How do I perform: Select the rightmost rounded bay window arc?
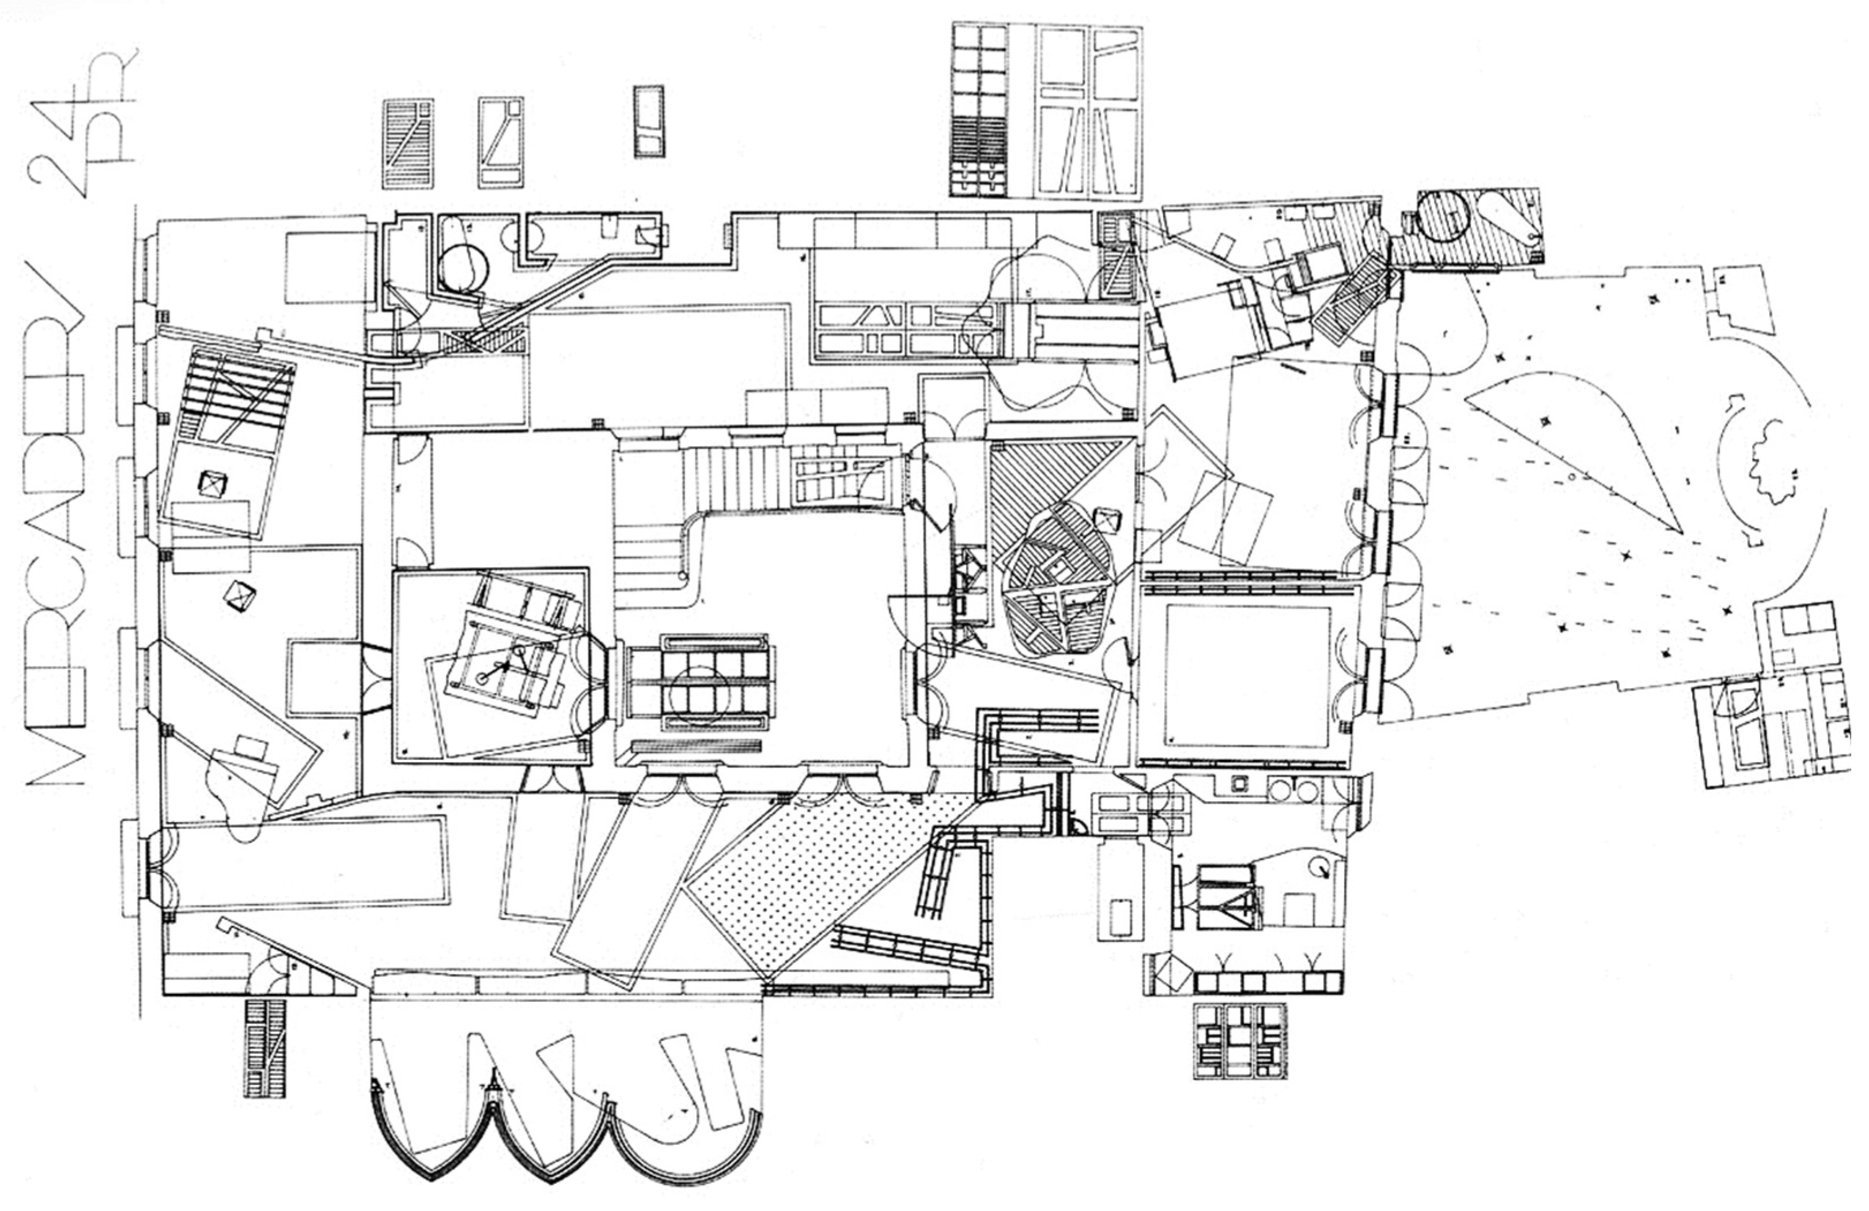click(683, 1155)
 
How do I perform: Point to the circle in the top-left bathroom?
click(463, 268)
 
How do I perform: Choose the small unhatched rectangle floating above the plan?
click(649, 122)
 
